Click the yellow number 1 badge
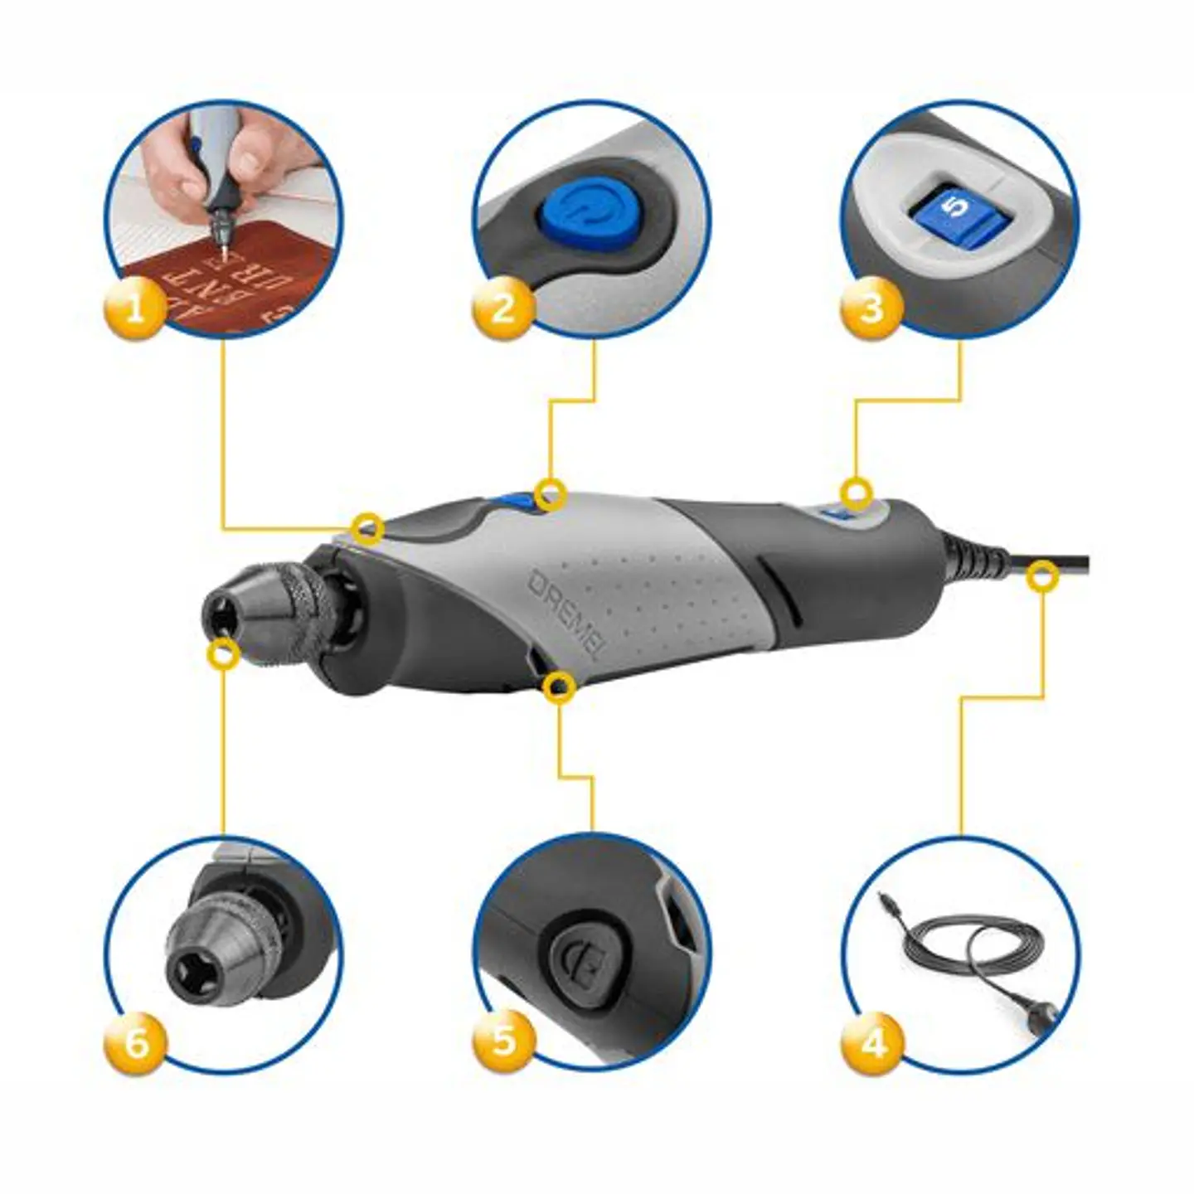(x=134, y=309)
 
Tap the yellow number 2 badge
(x=503, y=308)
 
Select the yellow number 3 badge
(x=871, y=308)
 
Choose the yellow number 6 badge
(x=135, y=1042)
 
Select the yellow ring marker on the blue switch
(x=550, y=495)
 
